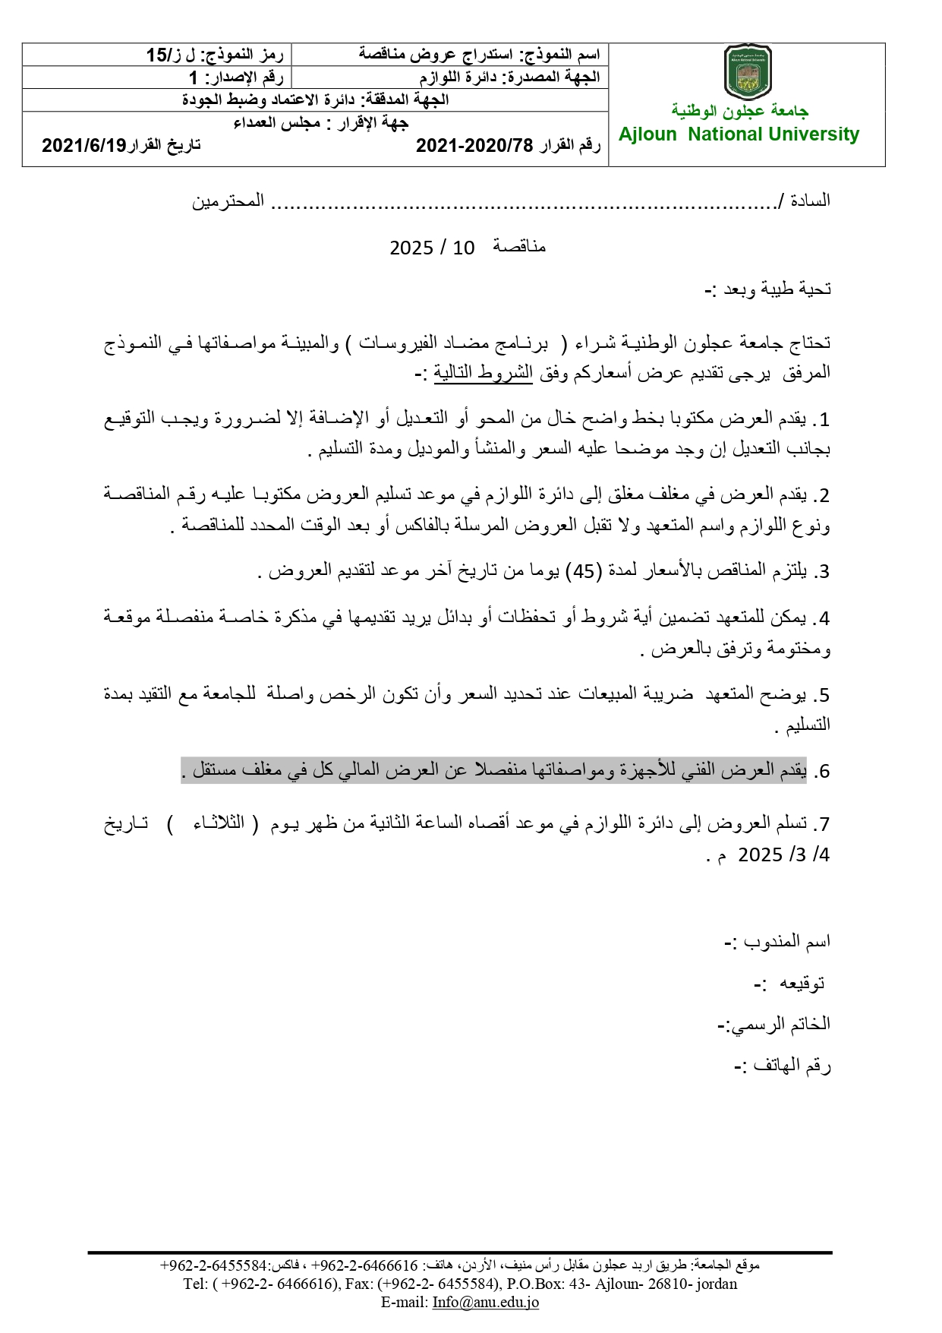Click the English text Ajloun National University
tap(739, 134)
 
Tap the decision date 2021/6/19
tap(83, 146)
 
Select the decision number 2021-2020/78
tap(474, 146)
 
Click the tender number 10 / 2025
tap(431, 248)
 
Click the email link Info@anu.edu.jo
tap(486, 1302)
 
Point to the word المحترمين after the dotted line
tap(228, 201)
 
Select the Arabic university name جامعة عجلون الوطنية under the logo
tap(740, 111)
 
